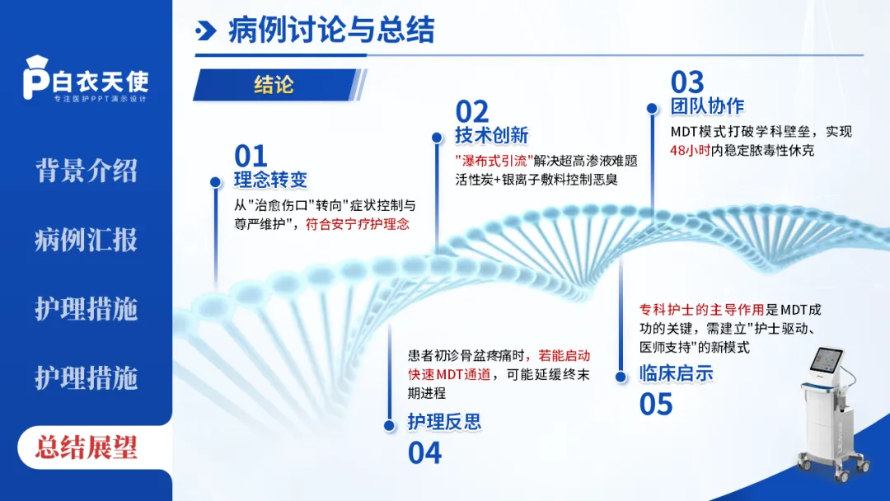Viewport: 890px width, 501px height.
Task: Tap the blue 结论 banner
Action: tap(274, 84)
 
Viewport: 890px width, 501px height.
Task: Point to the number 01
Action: tap(251, 156)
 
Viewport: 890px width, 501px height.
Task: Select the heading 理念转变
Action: tap(271, 180)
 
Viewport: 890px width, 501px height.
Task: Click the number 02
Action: tap(472, 111)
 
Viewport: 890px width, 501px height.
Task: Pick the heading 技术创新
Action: tap(491, 134)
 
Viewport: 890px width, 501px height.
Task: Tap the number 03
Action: tap(687, 82)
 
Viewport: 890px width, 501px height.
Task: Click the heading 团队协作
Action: tap(707, 105)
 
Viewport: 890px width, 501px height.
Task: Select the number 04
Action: tap(425, 452)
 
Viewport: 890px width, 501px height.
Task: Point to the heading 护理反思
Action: tap(444, 422)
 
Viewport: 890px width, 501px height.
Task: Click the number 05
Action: tap(656, 404)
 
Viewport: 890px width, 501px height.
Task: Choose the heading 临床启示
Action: tap(676, 373)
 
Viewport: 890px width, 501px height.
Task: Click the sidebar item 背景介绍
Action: tap(86, 171)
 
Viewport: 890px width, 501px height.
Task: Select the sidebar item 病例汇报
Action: tap(86, 240)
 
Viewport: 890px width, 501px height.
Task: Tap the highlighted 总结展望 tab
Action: tap(86, 447)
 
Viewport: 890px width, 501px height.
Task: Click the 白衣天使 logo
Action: tap(86, 81)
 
